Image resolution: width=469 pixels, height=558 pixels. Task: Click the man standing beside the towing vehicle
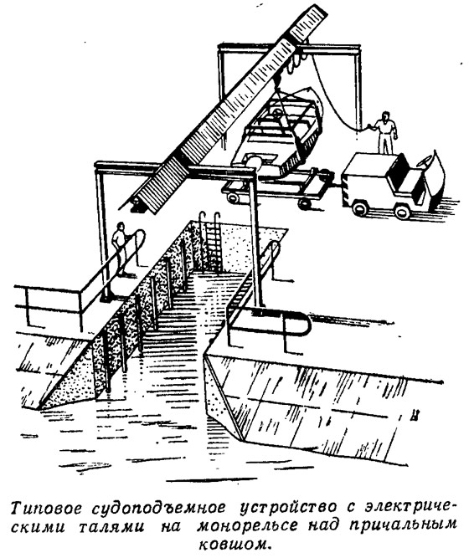click(385, 132)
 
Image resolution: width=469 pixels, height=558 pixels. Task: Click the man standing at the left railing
click(121, 248)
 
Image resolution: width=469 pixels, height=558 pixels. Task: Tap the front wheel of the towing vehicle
click(402, 210)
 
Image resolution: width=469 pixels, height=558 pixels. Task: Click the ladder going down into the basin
click(210, 242)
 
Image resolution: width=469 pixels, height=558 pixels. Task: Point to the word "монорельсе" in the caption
click(247, 526)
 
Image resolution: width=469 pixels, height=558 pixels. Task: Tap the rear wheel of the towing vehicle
click(360, 207)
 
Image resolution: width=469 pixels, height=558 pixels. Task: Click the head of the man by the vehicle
click(385, 115)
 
